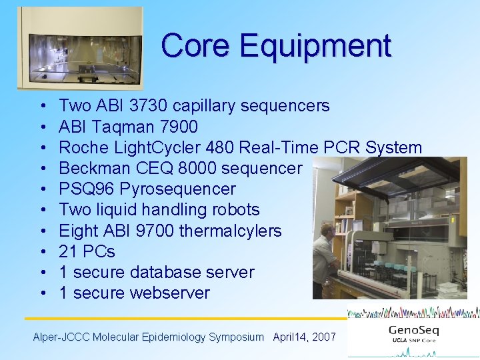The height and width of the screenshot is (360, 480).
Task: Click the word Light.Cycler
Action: point(168,147)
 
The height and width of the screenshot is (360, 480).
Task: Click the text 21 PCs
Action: point(87,251)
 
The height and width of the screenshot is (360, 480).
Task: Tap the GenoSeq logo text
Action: point(413,331)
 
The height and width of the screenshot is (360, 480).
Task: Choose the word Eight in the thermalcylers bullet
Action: point(77,231)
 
